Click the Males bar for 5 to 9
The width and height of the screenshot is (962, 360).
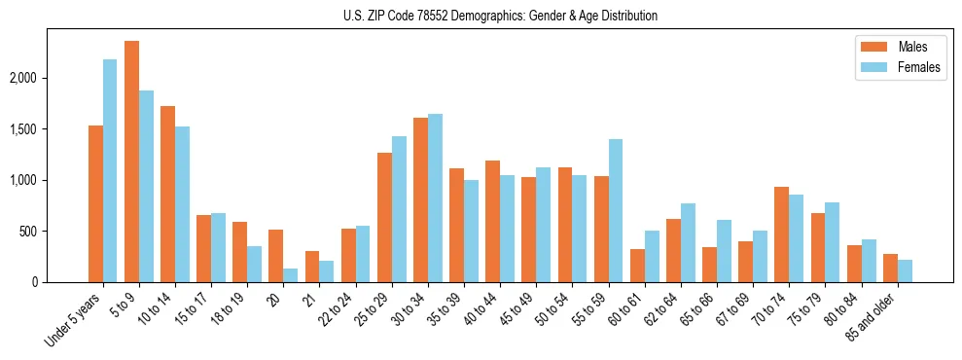[131, 162]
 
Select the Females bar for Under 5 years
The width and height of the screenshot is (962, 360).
[110, 171]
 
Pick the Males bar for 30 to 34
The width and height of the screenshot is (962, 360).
[420, 200]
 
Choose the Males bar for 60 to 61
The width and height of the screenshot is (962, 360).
[637, 266]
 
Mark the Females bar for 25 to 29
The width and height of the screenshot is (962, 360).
[399, 209]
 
